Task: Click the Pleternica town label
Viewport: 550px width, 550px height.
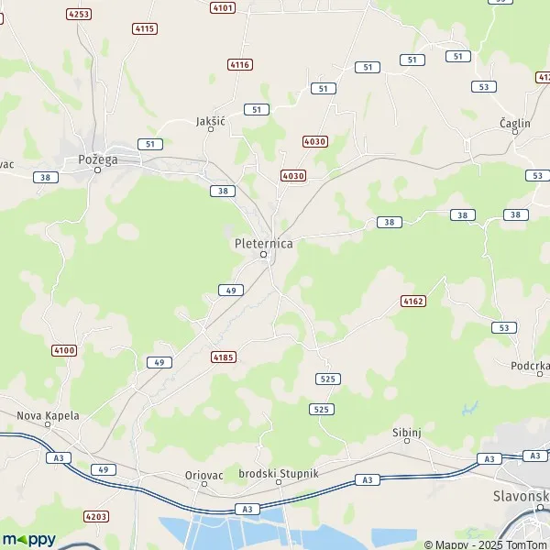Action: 262,243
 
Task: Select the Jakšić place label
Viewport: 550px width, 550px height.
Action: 211,120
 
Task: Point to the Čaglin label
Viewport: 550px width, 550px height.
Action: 515,122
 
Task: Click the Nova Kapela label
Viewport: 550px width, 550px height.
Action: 49,415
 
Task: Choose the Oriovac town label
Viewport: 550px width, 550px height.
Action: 203,474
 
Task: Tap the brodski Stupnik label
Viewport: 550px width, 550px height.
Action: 278,472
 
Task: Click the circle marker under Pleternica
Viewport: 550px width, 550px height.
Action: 263,254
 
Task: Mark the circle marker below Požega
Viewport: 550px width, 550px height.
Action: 96,170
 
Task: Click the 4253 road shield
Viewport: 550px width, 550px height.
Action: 79,14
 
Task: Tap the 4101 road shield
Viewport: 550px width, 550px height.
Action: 223,7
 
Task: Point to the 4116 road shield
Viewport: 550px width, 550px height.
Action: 240,64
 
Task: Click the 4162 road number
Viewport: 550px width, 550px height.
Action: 413,301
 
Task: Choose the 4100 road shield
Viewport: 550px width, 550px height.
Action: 64,350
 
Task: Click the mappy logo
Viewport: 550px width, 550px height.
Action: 28,539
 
